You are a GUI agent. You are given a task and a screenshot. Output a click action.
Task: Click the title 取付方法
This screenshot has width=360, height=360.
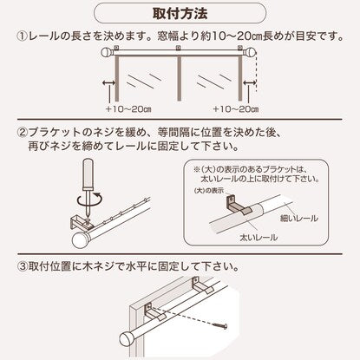pyautogui.click(x=180, y=13)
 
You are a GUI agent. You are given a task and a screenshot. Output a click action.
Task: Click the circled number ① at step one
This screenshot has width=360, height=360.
pyautogui.click(x=23, y=36)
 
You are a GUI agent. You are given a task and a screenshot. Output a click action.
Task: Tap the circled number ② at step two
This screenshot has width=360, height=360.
pyautogui.click(x=23, y=133)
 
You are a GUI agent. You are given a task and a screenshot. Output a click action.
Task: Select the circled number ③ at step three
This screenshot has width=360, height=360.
pyautogui.click(x=23, y=265)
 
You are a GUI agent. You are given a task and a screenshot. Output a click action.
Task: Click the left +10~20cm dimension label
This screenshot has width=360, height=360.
pyautogui.click(x=128, y=109)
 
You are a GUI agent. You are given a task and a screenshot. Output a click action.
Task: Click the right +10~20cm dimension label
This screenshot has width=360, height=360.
pyautogui.click(x=236, y=109)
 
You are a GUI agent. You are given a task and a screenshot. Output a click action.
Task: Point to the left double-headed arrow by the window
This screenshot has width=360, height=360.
pyautogui.click(x=109, y=83)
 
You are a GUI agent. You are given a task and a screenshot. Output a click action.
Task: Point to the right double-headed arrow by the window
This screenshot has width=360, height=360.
pyautogui.click(x=250, y=83)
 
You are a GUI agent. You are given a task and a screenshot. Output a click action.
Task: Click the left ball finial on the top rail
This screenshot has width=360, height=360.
pyautogui.click(x=107, y=53)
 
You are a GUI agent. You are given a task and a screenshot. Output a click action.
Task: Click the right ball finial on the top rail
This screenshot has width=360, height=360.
pyautogui.click(x=251, y=53)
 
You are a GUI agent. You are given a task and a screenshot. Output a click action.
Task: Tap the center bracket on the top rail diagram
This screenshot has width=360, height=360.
pyautogui.click(x=179, y=49)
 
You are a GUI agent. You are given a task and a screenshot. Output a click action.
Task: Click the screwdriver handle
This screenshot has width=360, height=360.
pyautogui.click(x=88, y=174)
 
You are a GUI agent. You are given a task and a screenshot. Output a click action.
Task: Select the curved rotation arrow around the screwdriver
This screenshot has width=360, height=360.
pyautogui.click(x=89, y=200)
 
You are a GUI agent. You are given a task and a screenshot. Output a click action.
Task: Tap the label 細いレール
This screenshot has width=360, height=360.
pyautogui.click(x=299, y=219)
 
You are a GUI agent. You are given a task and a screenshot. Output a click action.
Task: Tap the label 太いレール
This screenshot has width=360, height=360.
pyautogui.click(x=259, y=238)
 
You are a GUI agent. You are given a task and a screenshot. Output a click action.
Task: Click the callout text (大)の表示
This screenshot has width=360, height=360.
pyautogui.click(x=209, y=191)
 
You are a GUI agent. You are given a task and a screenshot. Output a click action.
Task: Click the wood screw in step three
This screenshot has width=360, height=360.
pyautogui.click(x=219, y=325)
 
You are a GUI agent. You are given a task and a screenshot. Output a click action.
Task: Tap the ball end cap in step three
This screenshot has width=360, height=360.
pyautogui.click(x=128, y=339)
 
